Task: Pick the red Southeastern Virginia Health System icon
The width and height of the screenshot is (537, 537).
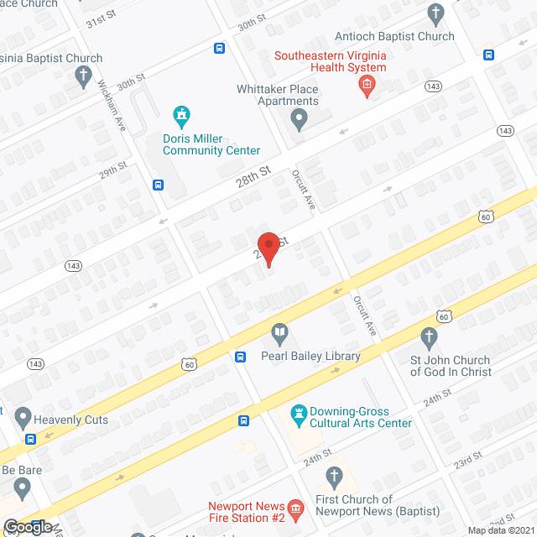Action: (366, 84)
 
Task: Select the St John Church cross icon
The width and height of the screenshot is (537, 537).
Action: (429, 339)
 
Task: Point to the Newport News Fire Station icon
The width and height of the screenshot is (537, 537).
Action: (295, 508)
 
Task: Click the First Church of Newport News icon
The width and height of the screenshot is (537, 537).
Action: (334, 479)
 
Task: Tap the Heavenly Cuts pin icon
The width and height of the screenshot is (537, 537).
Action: (23, 417)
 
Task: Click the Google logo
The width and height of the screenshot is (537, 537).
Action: (29, 526)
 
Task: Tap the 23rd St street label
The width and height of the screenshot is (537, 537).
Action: (468, 461)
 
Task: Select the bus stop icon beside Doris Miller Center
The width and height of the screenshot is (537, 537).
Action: (158, 185)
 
